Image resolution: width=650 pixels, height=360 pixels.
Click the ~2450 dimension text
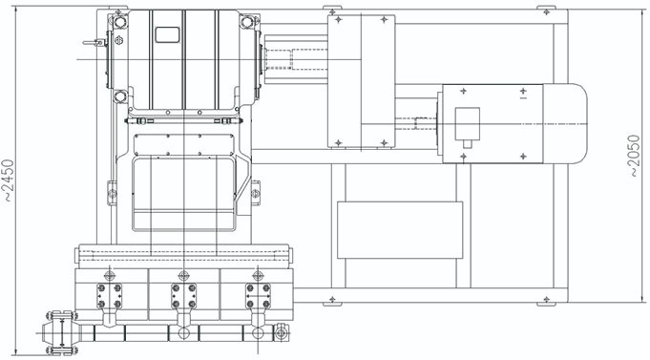pyautogui.click(x=9, y=180)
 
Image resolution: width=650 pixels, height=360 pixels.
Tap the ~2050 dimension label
pyautogui.click(x=634, y=156)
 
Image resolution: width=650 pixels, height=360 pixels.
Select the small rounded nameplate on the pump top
pyautogui.click(x=167, y=34)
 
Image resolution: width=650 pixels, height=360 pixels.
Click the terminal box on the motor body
pyautogui.click(x=467, y=123)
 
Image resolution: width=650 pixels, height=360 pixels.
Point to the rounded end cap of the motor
pyautogui.click(x=565, y=123)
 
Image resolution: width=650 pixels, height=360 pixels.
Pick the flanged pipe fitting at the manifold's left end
pyautogui.click(x=61, y=332)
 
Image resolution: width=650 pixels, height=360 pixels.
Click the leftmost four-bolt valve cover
pyautogui.click(x=109, y=296)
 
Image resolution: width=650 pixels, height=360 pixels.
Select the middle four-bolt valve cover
pyautogui.click(x=183, y=296)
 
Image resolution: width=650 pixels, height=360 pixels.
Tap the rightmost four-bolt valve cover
pyautogui.click(x=258, y=296)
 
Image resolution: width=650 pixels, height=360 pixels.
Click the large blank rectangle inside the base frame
pyautogui.click(x=400, y=230)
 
